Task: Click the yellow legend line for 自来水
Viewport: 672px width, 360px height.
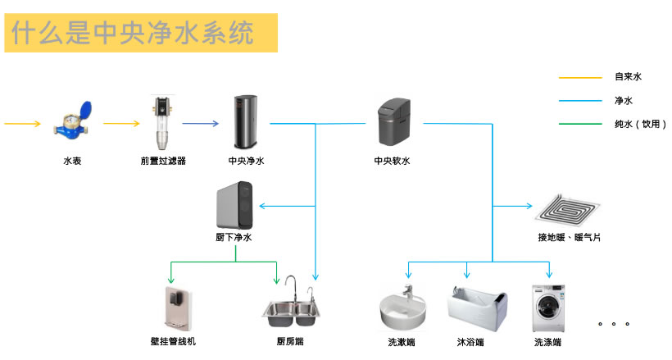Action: click(x=580, y=78)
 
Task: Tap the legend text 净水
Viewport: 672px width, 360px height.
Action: click(x=624, y=101)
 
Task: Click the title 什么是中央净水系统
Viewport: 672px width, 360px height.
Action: click(x=132, y=32)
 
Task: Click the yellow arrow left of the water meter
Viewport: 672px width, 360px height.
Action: click(x=22, y=124)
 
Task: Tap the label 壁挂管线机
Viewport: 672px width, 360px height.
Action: click(x=173, y=341)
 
